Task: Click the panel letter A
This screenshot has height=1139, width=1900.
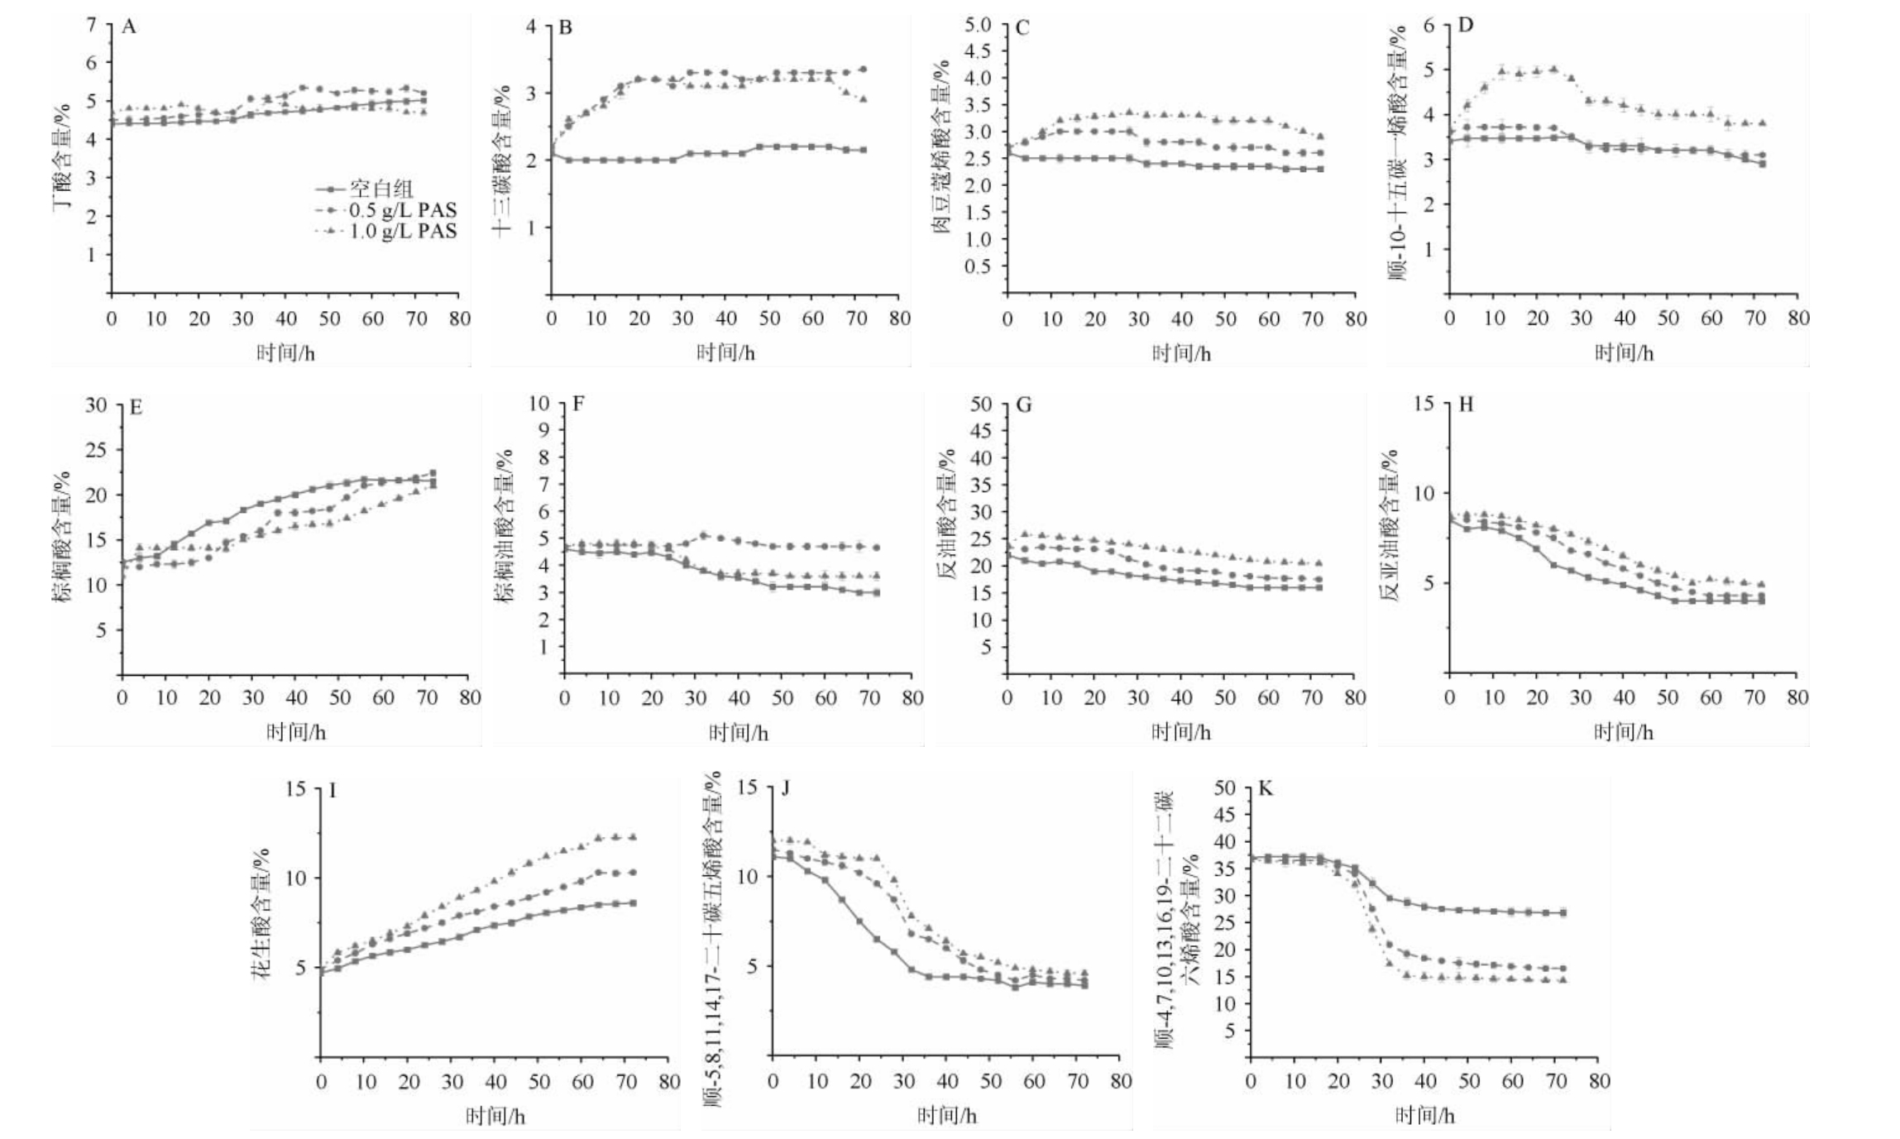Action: [x=129, y=27]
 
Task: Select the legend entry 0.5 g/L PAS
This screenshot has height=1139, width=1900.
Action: [x=403, y=209]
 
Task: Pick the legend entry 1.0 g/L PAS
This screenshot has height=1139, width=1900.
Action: [x=403, y=231]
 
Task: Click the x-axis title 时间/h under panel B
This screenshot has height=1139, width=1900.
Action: [x=725, y=353]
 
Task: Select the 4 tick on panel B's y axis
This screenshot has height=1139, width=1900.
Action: [x=530, y=26]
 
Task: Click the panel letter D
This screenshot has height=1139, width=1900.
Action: [x=1466, y=25]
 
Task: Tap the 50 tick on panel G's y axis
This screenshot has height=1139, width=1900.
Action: [x=981, y=404]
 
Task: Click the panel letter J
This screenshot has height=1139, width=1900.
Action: [x=785, y=788]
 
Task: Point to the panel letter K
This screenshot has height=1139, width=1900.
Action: [x=1266, y=788]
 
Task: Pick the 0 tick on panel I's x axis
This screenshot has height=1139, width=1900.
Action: [x=321, y=1081]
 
